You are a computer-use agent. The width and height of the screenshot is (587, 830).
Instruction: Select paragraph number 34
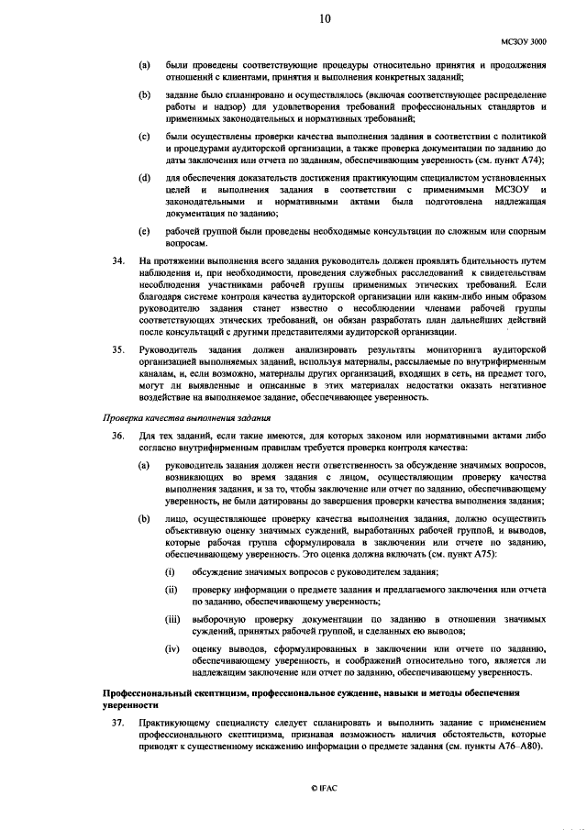[x=117, y=261]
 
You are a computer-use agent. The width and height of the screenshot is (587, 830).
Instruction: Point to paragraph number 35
[x=117, y=349]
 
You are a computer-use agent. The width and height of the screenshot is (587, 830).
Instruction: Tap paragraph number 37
[x=117, y=723]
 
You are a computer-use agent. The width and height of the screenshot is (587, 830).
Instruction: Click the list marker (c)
[x=144, y=137]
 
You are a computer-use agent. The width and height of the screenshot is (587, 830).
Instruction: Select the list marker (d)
[x=144, y=176]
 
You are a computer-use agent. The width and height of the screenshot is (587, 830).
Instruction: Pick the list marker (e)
[x=144, y=231]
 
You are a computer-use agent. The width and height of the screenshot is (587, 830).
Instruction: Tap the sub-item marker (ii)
[x=171, y=589]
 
